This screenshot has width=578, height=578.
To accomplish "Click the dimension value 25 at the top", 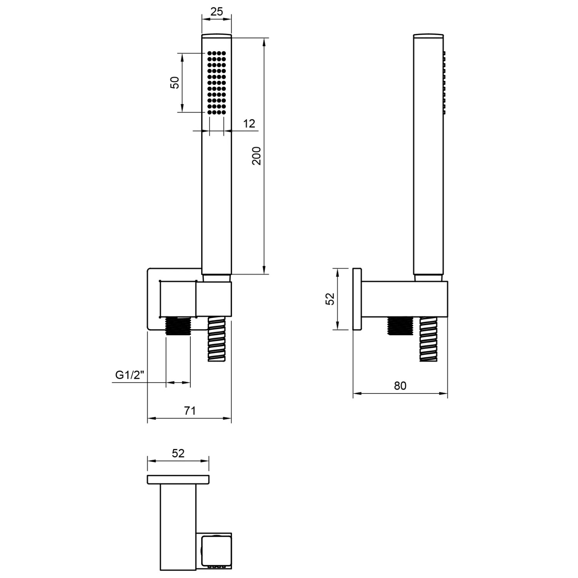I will (x=217, y=12).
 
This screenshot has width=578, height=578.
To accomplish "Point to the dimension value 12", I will (x=249, y=124).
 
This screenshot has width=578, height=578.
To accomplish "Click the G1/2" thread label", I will (x=129, y=375).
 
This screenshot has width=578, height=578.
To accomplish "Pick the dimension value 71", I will (x=190, y=411).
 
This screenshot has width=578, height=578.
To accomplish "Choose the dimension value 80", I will (x=400, y=386).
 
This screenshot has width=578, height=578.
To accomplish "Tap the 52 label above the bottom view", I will (x=178, y=454).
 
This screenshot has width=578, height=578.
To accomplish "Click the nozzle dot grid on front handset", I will (x=217, y=82).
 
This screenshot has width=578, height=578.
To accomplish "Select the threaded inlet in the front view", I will (x=178, y=326).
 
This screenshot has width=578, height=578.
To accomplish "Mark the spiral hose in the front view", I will (x=216, y=339).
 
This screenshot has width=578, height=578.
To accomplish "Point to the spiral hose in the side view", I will (x=428, y=339).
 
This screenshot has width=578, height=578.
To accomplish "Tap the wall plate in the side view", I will (x=357, y=299).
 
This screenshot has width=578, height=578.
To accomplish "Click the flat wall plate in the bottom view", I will (x=178, y=479).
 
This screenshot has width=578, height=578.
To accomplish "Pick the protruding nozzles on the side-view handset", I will (x=444, y=82).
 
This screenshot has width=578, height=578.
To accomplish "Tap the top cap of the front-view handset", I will (x=217, y=36).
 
